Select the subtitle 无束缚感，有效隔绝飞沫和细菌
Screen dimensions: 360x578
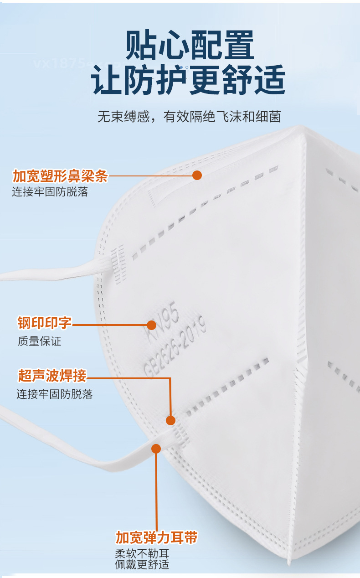point(189,117)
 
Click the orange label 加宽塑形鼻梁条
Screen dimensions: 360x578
point(60,175)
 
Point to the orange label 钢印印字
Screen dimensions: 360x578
point(45,323)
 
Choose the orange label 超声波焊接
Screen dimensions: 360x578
point(52,376)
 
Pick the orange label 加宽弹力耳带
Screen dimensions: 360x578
point(156,537)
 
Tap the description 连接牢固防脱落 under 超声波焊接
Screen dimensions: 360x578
point(55,394)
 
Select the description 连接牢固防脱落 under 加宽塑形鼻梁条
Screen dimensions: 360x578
point(50,191)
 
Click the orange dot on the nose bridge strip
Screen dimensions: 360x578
point(197,175)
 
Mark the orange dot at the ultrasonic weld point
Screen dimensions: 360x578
point(171,420)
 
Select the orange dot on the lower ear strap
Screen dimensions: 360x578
point(156,449)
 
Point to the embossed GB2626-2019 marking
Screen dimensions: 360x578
point(175,347)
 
